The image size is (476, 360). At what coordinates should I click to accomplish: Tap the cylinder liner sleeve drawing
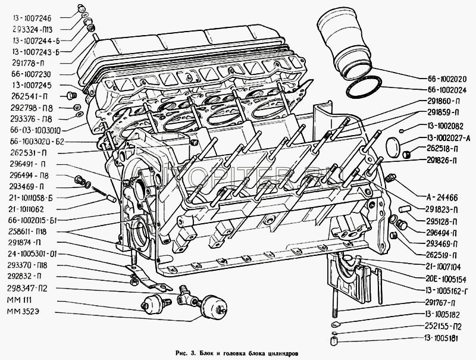[x=345, y=45]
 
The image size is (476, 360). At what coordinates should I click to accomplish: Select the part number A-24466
[x=443, y=198]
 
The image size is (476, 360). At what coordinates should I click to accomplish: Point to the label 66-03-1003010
[x=35, y=130]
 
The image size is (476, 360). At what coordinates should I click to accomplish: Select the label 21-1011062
[x=26, y=209]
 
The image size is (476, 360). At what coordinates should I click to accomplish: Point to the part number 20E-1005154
[x=444, y=279]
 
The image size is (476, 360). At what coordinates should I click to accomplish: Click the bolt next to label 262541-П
[x=71, y=96]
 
